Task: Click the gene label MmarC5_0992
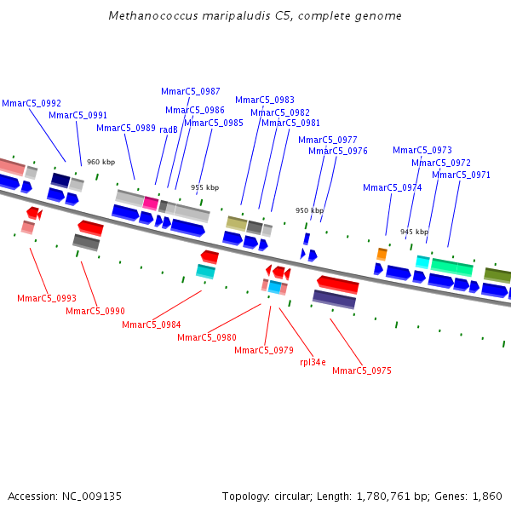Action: tap(32, 103)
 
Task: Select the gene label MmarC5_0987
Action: tap(191, 91)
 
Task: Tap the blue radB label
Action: tap(168, 129)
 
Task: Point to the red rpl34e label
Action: tap(313, 362)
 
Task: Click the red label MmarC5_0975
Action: tap(362, 370)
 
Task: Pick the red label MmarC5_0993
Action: tap(47, 298)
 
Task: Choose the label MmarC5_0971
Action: tap(461, 175)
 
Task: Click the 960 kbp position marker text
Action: tap(100, 162)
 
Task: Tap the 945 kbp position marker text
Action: tap(414, 232)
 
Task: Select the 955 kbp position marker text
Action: tap(204, 187)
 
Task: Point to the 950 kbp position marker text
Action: tap(309, 210)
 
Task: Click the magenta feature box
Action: tap(151, 203)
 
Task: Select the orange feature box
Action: tap(382, 254)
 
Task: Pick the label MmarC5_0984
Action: tap(152, 324)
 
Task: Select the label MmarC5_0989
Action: tap(126, 128)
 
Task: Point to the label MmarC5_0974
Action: tap(392, 187)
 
